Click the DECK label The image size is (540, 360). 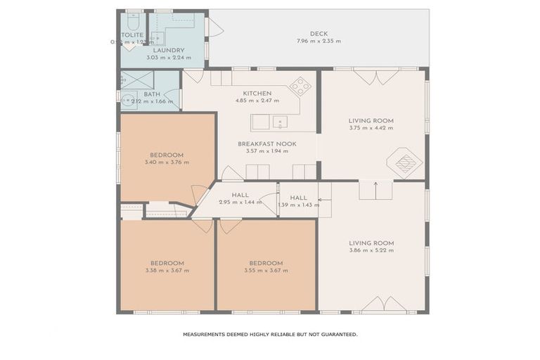[319, 33]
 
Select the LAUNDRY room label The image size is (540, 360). [169, 50]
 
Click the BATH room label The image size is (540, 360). [152, 94]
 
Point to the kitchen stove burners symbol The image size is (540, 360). [300, 86]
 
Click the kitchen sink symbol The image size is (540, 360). [280, 122]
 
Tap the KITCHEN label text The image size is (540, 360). [257, 94]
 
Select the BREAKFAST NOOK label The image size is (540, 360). [266, 143]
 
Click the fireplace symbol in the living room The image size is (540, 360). [405, 163]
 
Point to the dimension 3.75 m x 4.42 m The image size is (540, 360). [371, 128]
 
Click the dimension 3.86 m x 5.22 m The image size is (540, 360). [371, 250]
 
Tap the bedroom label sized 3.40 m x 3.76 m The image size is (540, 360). [167, 155]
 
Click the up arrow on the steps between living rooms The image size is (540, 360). [375, 188]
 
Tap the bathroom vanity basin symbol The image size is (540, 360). [129, 100]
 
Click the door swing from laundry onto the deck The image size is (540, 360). [214, 29]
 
